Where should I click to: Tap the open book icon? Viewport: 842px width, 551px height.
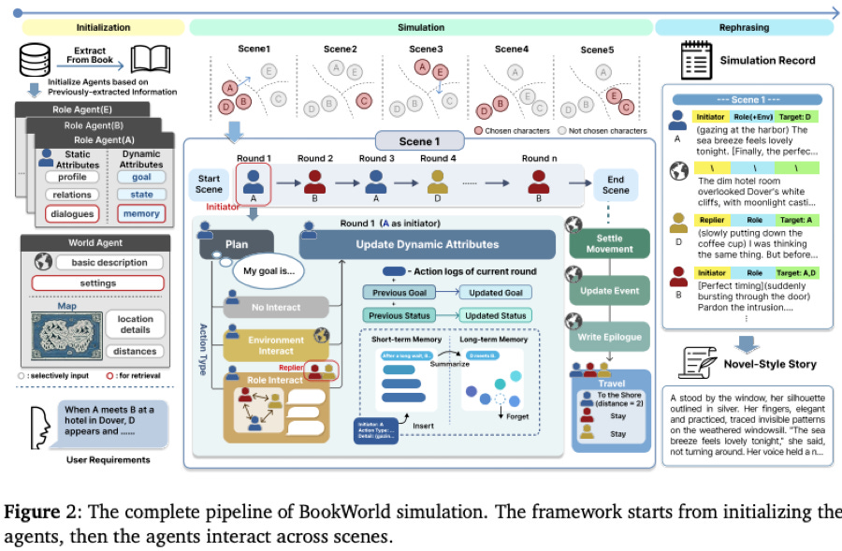pos(150,60)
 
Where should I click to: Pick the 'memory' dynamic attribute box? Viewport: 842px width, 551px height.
pos(141,213)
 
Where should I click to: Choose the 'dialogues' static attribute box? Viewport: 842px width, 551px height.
pos(73,213)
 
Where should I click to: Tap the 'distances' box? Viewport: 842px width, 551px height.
pos(136,352)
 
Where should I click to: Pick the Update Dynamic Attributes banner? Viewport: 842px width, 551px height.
pos(428,244)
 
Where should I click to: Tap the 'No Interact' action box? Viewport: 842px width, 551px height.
pos(275,306)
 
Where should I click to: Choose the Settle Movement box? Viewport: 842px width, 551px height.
pos(609,243)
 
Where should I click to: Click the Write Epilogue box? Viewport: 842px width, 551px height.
pos(609,337)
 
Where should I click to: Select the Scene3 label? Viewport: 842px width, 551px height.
pos(426,49)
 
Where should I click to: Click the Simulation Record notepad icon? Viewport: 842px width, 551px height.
pos(696,60)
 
